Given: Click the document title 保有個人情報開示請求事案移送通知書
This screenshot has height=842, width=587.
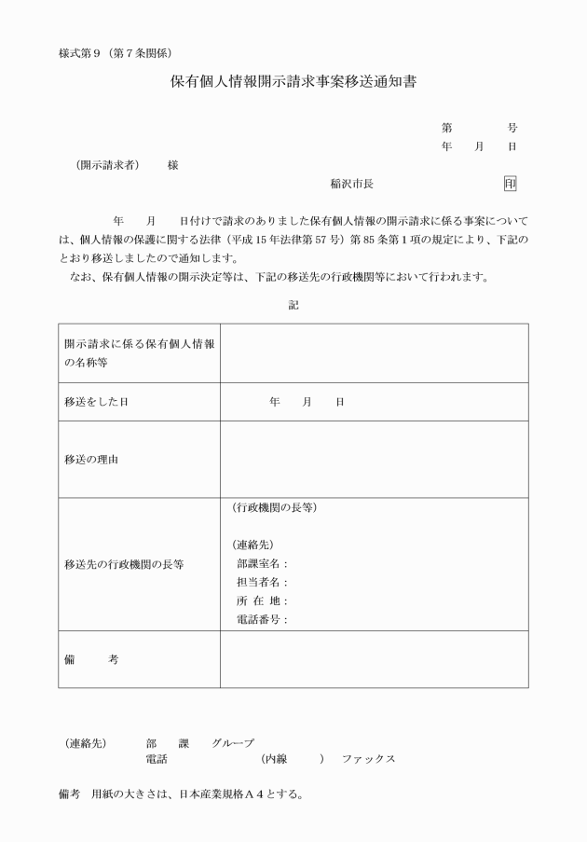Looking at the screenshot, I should point(293,82).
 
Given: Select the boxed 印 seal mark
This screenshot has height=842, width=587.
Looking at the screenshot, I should point(510,184).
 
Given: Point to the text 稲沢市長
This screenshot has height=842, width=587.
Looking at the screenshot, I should point(352,185).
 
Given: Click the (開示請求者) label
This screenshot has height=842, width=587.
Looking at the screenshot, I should point(107,165).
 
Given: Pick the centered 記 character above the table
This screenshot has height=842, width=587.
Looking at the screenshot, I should point(293,304).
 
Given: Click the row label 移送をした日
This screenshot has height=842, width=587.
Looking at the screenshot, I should point(96,401).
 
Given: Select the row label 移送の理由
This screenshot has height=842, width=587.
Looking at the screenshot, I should point(90,460).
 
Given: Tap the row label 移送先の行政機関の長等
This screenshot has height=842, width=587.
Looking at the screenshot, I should point(124,564).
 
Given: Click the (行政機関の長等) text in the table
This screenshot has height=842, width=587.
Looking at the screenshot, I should point(274,507).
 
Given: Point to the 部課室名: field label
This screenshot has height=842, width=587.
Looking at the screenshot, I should point(263,563).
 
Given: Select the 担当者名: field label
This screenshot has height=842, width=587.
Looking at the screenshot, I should point(263,582).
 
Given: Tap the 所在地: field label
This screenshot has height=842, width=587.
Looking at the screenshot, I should point(263,600).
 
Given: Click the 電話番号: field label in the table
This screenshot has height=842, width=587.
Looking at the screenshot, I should point(263,619).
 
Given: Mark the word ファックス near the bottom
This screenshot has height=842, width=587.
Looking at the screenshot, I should point(368,759).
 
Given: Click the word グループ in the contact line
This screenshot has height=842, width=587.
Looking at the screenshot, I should point(232,743).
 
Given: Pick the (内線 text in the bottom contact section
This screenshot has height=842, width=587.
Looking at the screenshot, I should point(278,759).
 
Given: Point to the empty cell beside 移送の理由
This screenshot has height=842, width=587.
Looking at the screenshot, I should point(374,460).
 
